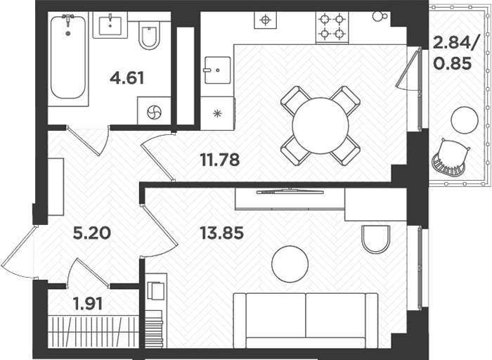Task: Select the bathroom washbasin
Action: tap(110, 25)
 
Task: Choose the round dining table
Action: tap(321, 125)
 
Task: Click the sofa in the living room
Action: tap(305, 320)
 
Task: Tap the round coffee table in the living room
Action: tap(290, 263)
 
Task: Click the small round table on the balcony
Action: tap(465, 120)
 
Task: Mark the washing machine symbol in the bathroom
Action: tap(155, 112)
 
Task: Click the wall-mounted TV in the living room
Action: tap(290, 191)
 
